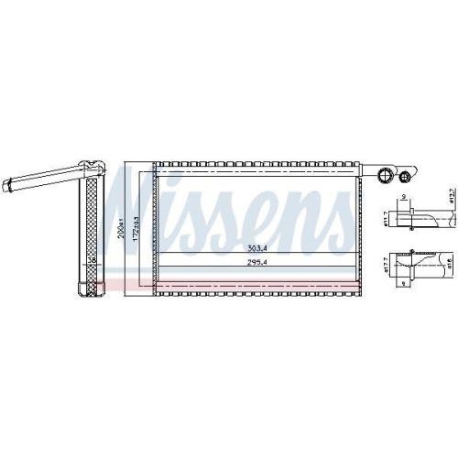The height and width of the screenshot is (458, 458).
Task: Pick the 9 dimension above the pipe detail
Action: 404,197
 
